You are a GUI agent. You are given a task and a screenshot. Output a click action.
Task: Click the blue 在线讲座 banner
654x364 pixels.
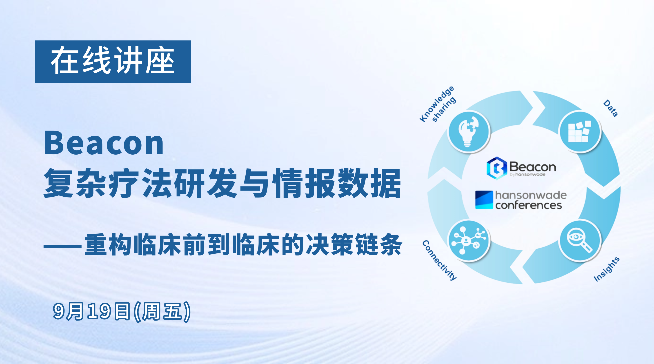tap(113, 62)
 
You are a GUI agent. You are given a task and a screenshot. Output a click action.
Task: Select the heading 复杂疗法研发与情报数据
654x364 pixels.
tap(222, 183)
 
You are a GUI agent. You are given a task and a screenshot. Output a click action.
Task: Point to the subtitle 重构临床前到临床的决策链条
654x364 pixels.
tap(243, 244)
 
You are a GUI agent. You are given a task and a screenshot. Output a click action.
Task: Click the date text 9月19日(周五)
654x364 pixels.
tap(122, 311)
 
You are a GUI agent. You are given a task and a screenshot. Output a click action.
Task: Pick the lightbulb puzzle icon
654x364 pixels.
tap(469, 132)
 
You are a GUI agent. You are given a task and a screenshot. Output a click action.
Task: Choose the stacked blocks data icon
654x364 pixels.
tap(580, 132)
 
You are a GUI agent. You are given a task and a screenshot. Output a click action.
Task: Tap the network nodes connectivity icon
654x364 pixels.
tap(469, 241)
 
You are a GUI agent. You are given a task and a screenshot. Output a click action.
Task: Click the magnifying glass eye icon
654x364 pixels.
tap(580, 241)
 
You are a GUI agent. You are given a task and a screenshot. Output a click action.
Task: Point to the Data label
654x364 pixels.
tap(611, 108)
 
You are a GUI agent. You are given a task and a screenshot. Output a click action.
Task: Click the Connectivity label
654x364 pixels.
tap(439, 260)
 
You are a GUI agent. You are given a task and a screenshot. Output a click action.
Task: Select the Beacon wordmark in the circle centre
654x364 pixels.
tap(533, 167)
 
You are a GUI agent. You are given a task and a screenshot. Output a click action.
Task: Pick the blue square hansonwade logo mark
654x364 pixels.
tap(484, 200)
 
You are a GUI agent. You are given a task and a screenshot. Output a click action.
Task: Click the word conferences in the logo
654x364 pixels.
tap(529, 205)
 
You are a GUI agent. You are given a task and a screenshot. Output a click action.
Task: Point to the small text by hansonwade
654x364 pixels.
tap(527, 174)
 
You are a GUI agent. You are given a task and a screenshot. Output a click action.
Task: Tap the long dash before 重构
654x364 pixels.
tap(63, 246)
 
